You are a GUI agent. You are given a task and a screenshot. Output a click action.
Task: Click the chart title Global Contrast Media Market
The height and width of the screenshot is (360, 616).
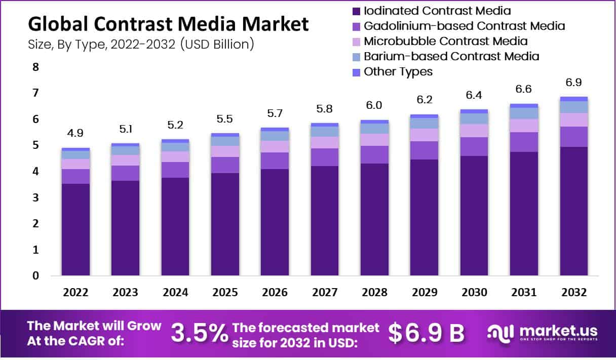coord(168,24)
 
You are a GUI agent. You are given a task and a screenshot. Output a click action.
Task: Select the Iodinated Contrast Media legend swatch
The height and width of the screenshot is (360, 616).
coord(356,11)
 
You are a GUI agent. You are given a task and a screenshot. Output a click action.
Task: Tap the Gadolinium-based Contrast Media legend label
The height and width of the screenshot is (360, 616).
coord(464,26)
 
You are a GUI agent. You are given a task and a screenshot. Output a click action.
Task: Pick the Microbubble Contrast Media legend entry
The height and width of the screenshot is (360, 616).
coord(446,41)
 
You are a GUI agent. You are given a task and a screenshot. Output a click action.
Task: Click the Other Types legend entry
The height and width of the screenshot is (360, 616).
coord(398,71)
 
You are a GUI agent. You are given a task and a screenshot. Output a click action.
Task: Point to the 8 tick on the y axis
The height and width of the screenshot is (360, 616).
coord(35,67)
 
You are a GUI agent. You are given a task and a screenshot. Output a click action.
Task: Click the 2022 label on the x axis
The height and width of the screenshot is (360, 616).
coord(75,293)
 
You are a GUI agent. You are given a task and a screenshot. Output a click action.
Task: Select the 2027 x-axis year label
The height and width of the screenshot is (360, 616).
coord(325,293)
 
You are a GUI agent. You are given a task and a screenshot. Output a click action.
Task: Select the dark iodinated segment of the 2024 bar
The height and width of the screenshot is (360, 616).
coord(175,226)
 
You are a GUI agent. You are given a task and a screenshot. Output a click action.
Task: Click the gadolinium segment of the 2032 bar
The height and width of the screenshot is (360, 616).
coord(574,137)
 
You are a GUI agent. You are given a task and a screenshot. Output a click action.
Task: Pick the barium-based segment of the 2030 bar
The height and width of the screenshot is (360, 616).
coord(474,118)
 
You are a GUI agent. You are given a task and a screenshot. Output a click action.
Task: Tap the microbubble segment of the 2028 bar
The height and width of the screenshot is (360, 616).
coord(374,140)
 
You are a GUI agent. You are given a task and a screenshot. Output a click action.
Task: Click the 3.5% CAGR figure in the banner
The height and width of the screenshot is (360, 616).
coord(199,333)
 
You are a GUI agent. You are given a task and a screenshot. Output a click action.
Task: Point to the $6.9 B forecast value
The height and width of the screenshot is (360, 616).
coord(426,333)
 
